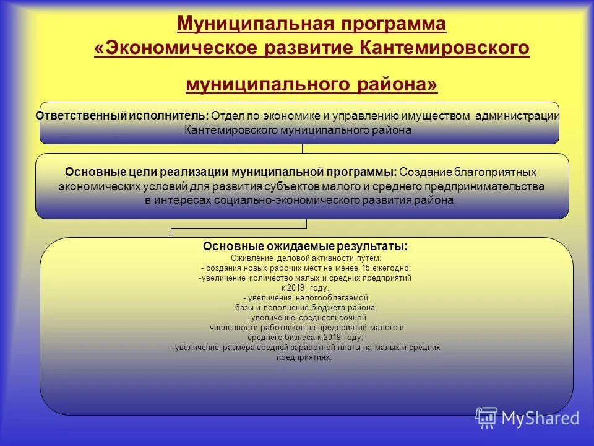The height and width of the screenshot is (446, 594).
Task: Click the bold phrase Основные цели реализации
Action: pos(147,172)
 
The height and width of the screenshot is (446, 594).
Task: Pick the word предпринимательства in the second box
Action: pos(493,186)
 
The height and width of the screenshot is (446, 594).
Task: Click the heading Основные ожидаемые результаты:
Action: pos(305,247)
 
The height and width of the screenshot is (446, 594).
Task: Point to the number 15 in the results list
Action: pos(368,268)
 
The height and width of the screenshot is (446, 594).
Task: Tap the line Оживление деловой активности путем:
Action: pos(306,257)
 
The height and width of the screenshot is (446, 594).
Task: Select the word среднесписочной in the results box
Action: pos(327,318)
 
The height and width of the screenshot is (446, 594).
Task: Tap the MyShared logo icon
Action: pos(486,418)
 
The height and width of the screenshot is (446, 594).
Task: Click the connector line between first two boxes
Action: pos(302,149)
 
